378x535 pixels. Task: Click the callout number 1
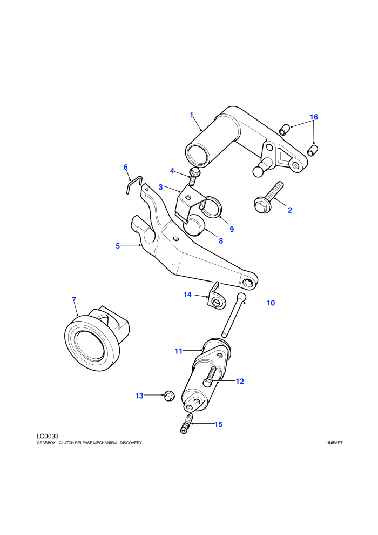click(x=192, y=115)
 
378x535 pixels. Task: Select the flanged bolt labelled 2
click(x=269, y=198)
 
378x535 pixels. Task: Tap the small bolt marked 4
click(x=194, y=176)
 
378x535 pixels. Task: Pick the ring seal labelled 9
click(x=213, y=206)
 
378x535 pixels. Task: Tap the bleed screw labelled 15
click(x=187, y=424)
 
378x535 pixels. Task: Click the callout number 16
click(x=314, y=117)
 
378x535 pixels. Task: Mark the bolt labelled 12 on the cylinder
click(x=210, y=377)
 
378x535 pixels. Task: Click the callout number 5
click(x=118, y=246)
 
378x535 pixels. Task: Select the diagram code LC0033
click(x=48, y=436)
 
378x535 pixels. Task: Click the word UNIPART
click(x=334, y=443)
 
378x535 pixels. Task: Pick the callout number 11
click(x=179, y=351)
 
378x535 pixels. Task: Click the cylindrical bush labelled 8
click(x=194, y=225)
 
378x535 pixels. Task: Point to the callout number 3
click(x=160, y=187)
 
